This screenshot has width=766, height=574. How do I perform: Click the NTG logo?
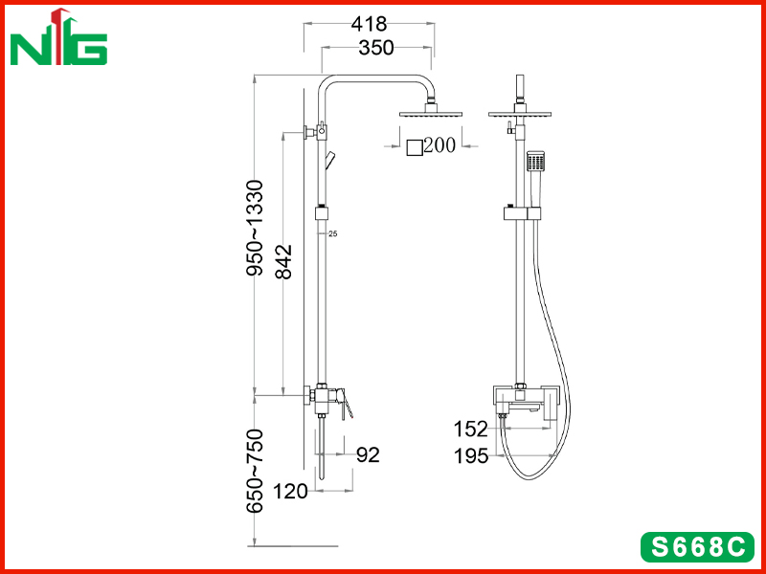(58, 37)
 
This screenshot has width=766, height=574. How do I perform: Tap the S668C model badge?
(698, 547)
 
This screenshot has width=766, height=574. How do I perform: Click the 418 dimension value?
(369, 23)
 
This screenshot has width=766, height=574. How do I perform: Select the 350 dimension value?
(376, 48)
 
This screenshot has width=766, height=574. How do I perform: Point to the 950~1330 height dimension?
(255, 229)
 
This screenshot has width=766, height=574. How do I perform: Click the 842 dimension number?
(283, 261)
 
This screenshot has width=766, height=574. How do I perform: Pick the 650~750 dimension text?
(255, 471)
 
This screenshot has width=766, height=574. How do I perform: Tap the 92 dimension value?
(368, 455)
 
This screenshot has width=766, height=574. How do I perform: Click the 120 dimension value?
(290, 491)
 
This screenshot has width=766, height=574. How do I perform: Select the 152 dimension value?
(471, 429)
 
